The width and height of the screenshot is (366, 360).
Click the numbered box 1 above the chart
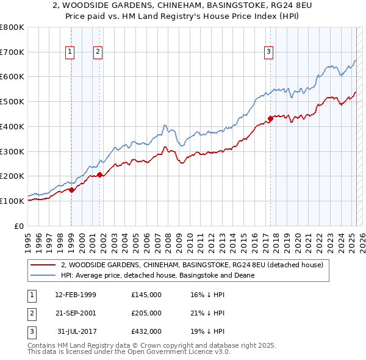click(x=71, y=52)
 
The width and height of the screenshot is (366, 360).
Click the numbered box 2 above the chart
click(x=98, y=52)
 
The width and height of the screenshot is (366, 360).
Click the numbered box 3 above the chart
click(x=268, y=52)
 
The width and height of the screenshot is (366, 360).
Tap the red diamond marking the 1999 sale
click(x=71, y=190)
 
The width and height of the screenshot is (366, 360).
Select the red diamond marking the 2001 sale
click(x=99, y=175)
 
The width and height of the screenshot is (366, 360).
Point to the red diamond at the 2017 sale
click(x=271, y=118)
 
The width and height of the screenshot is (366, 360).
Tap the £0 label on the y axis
click(x=20, y=226)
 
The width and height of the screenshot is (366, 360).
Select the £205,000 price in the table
click(x=146, y=313)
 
